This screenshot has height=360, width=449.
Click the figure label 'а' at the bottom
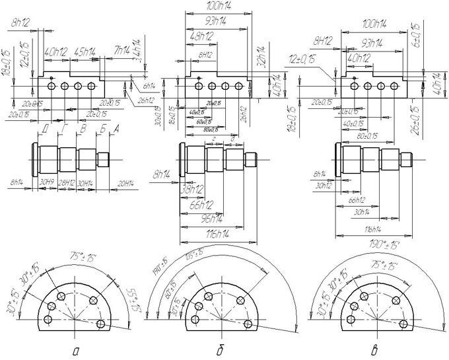(x=75, y=350)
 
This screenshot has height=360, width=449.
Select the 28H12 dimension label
(x=67, y=182)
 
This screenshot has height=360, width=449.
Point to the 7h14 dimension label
(x=121, y=51)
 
